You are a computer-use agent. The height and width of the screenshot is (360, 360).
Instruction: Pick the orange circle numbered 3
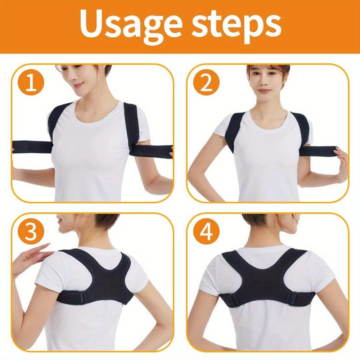click(30, 233)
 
